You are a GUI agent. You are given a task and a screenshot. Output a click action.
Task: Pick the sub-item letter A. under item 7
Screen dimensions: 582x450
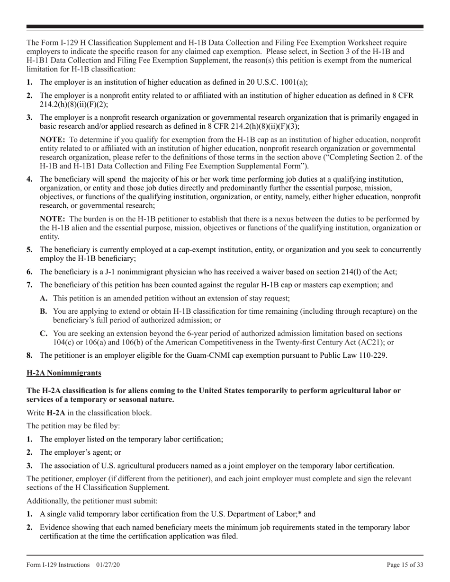point(44,298)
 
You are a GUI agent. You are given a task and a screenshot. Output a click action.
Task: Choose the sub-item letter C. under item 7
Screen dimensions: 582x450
point(44,334)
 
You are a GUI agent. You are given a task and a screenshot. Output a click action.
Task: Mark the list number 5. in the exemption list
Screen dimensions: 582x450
point(29,249)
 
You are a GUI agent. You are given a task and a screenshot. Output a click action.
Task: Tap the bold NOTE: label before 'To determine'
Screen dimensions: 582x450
point(52,140)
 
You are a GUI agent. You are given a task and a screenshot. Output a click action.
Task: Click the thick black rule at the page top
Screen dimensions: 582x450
point(225,27)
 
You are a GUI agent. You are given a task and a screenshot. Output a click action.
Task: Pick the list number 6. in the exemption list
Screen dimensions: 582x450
point(29,272)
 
